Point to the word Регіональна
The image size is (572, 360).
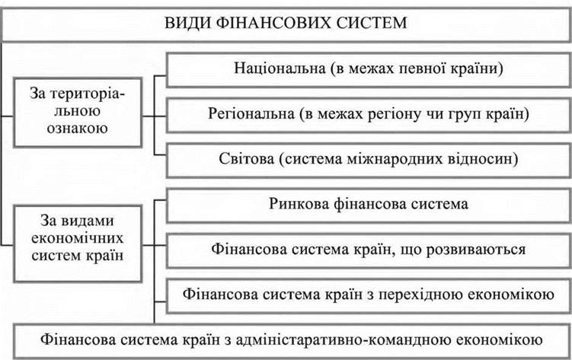pos(252,114)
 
